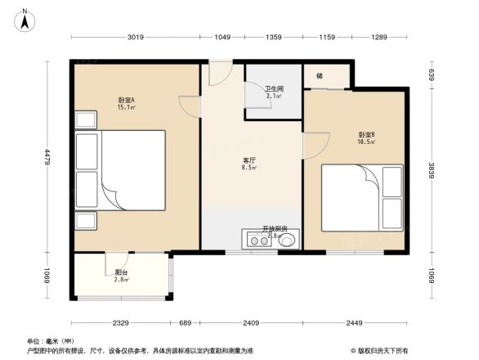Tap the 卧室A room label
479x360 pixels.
(126, 101)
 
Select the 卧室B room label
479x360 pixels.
(366, 136)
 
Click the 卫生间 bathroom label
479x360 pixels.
(274, 89)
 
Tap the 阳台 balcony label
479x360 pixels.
(121, 274)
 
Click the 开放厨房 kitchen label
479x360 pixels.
(274, 229)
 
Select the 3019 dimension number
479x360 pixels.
(136, 37)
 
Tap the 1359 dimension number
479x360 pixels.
(274, 37)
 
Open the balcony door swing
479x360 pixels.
(114, 263)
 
